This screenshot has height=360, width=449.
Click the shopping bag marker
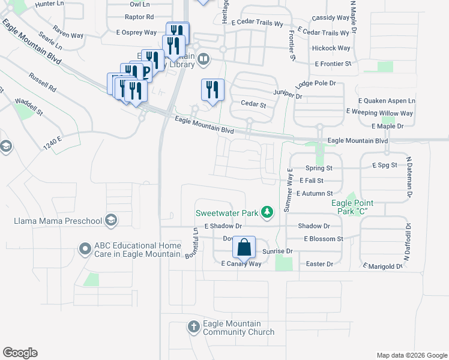(x=244, y=247)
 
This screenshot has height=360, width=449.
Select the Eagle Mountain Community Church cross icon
(x=193, y=327)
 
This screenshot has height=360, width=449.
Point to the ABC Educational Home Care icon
(x=85, y=247)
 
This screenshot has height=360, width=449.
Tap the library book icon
(x=204, y=59)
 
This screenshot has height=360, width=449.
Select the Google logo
(x=20, y=353)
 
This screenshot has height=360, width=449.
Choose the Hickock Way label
(x=331, y=48)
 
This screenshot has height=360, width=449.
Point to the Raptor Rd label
(x=139, y=17)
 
